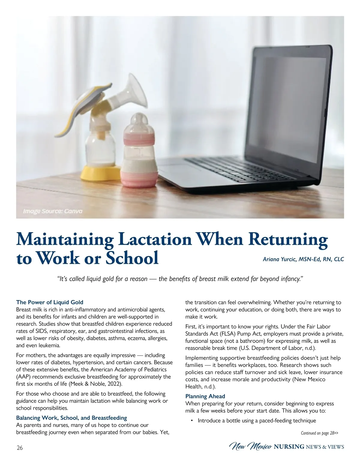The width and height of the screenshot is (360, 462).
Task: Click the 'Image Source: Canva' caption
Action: click(53, 211)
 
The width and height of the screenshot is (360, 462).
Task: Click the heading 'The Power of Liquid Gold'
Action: click(50, 302)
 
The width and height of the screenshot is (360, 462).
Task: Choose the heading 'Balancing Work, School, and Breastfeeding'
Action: click(71, 418)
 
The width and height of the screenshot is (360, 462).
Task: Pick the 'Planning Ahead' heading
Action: click(205, 396)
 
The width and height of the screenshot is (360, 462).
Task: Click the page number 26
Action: click(19, 448)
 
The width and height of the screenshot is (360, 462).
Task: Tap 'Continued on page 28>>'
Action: click(319, 433)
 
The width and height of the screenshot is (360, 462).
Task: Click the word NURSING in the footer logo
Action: click(289, 447)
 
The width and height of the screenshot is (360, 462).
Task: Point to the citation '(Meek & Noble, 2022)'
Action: click(95, 384)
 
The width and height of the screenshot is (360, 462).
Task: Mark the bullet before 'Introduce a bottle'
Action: click(191, 421)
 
